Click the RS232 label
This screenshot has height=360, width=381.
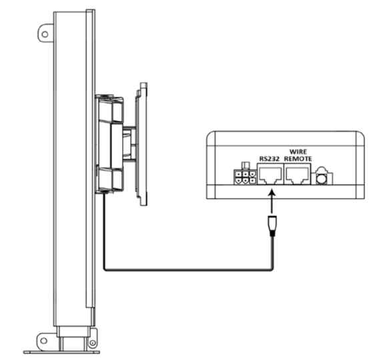[x=270, y=159]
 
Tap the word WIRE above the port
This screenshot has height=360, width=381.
[x=298, y=152]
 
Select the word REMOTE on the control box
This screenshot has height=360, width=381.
[x=298, y=159]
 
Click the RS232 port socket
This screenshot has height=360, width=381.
[x=270, y=174]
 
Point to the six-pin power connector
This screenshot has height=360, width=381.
[x=246, y=177]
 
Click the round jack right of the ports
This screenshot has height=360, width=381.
[x=322, y=179]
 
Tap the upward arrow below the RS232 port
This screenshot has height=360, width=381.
[x=272, y=201]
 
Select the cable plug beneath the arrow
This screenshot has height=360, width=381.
[x=272, y=226]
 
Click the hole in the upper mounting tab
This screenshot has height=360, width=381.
[x=45, y=34]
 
